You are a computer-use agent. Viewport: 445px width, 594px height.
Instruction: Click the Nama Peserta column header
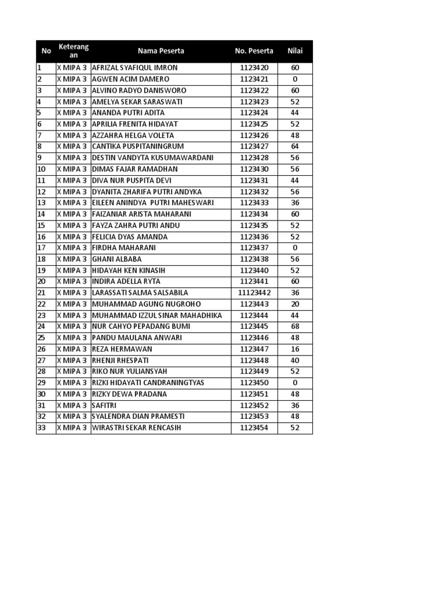[161, 51]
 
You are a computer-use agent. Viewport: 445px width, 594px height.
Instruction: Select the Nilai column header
[295, 51]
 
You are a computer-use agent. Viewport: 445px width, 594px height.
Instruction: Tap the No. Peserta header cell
[254, 51]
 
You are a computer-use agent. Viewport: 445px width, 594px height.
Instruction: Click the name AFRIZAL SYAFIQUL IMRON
[134, 68]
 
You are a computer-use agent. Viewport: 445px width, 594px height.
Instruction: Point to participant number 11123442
[254, 293]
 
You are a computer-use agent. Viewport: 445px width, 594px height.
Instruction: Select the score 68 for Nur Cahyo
[295, 327]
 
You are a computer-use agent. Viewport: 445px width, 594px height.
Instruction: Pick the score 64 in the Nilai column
[295, 147]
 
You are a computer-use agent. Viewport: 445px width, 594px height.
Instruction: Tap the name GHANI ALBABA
[116, 259]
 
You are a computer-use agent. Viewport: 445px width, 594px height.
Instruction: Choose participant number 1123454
[254, 428]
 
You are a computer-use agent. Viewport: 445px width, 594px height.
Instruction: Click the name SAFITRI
[104, 405]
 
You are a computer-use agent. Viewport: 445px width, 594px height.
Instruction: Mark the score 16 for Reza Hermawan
[295, 349]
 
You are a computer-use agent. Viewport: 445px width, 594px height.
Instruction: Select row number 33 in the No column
[41, 428]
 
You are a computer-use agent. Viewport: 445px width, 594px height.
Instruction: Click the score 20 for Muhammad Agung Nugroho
[295, 304]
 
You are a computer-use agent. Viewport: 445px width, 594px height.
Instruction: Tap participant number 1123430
[254, 169]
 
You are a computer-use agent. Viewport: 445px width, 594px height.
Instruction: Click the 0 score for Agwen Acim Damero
[295, 79]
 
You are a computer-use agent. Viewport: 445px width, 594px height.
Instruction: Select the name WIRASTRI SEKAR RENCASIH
[136, 428]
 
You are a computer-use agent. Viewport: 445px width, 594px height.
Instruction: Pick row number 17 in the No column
[41, 248]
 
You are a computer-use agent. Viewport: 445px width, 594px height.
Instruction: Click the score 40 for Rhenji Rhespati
[295, 360]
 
